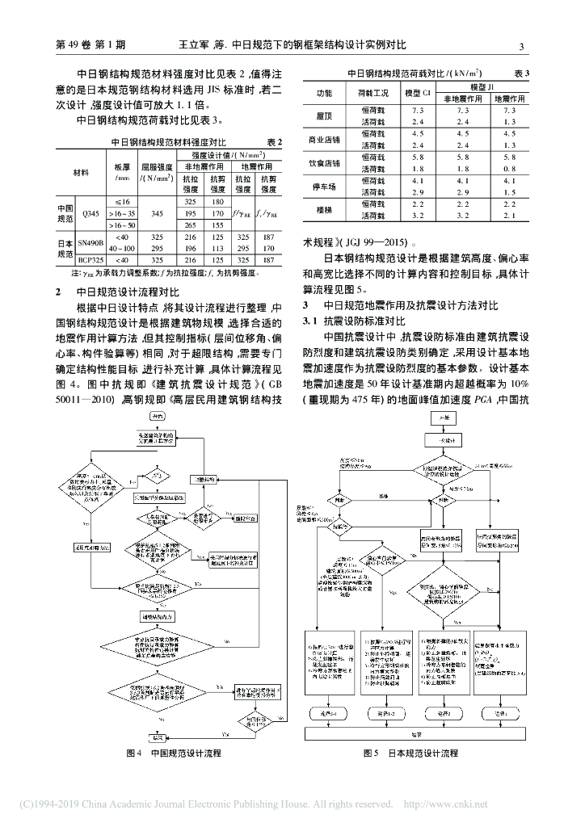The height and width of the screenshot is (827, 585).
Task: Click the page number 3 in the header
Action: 521,45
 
